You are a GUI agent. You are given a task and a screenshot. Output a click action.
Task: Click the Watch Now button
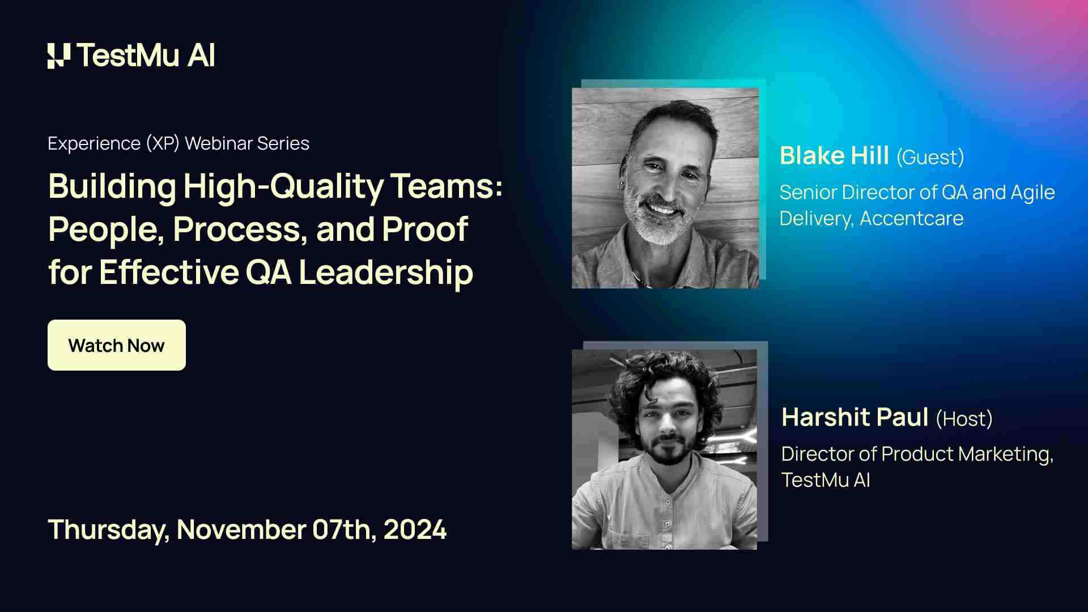click(116, 345)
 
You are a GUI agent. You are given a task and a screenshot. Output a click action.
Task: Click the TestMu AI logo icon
click(59, 56)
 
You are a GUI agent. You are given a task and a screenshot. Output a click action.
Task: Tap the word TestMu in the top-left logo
click(128, 56)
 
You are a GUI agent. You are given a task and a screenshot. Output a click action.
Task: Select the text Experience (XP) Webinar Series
click(178, 143)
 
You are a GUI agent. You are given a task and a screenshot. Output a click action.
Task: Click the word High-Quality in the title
click(283, 187)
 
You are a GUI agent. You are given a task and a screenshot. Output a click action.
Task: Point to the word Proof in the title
click(425, 229)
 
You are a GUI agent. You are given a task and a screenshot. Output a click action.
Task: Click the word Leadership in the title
click(385, 272)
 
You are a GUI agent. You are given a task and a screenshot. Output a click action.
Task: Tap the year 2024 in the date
click(415, 530)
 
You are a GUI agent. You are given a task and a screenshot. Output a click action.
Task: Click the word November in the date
click(241, 530)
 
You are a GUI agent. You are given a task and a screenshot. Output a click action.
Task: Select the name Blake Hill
click(834, 156)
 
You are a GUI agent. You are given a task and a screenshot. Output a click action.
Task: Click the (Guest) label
click(930, 157)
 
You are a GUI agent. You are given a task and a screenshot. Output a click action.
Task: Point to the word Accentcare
click(911, 218)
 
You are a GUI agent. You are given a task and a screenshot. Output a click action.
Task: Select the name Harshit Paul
click(855, 418)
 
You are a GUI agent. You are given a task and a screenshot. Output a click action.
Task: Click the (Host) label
click(964, 419)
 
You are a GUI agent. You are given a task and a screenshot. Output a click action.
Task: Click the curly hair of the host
click(663, 374)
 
